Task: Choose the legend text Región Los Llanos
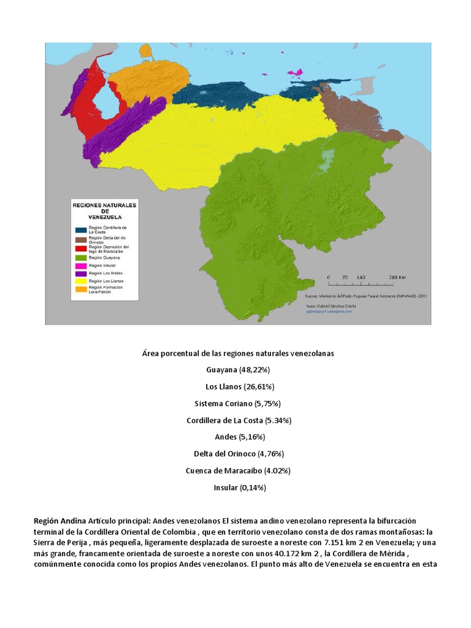pyautogui.click(x=106, y=280)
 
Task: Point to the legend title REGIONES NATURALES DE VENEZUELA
pyautogui.click(x=105, y=208)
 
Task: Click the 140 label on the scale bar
pyautogui.click(x=361, y=277)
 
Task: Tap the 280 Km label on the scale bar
pyautogui.click(x=398, y=277)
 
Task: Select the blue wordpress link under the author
pyautogui.click(x=329, y=312)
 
